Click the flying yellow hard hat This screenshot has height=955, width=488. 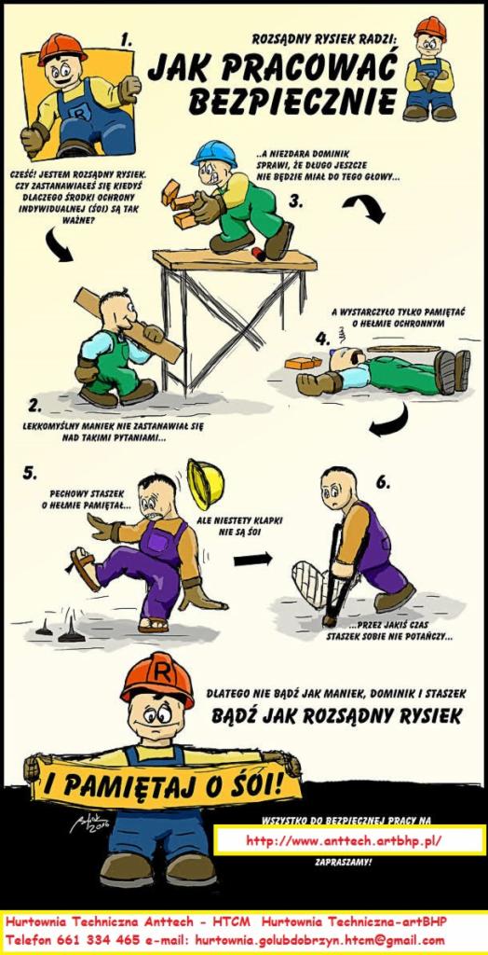206,484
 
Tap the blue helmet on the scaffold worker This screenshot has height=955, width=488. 213,154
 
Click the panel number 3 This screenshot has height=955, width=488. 295,201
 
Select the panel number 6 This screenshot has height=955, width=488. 382,482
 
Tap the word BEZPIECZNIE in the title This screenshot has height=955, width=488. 292,101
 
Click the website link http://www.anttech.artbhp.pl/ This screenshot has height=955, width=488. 344,841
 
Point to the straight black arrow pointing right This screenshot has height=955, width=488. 252,559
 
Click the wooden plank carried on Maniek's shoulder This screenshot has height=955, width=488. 129,325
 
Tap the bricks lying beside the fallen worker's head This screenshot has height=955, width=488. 303,363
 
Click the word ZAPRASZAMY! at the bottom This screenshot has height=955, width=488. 343,862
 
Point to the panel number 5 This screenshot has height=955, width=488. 30,473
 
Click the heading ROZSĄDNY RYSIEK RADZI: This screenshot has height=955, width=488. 324,39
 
